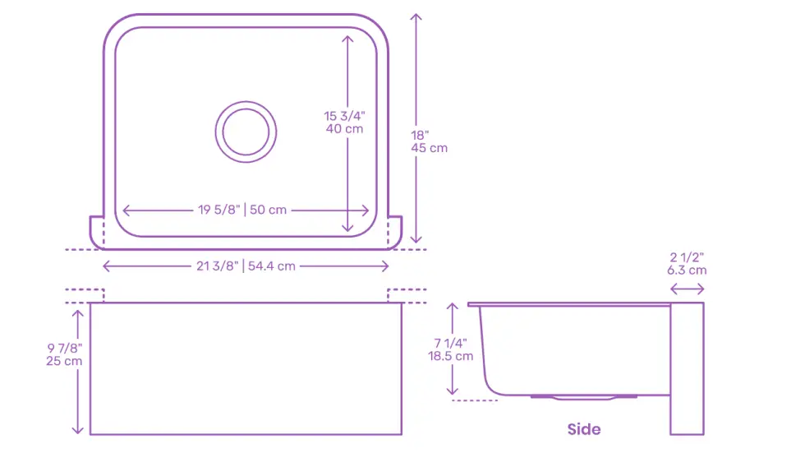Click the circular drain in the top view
(246, 132)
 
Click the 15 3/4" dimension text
(343, 116)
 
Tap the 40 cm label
(343, 129)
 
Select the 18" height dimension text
(420, 135)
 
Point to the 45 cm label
(430, 148)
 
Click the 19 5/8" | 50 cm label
(242, 210)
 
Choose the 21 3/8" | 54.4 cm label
(245, 266)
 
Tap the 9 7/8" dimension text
(63, 348)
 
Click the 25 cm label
(64, 361)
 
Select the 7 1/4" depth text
(451, 343)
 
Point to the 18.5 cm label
(451, 356)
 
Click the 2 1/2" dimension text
(687, 257)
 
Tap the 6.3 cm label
(687, 270)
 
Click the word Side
(583, 429)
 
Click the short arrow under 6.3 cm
(687, 289)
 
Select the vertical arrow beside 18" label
(416, 82)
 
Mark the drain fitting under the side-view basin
(583, 398)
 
